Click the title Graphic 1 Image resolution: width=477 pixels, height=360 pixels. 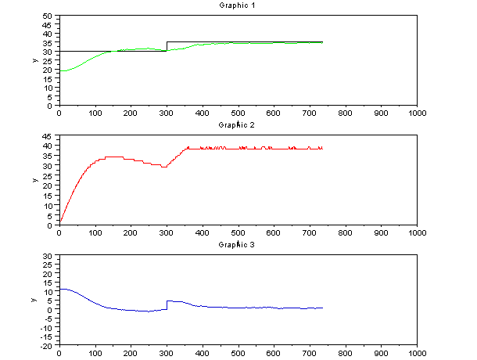point(238,5)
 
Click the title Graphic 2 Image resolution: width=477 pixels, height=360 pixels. point(238,124)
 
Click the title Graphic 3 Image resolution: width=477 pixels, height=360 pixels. point(238,245)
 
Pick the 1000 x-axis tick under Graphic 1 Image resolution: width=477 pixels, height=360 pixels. point(418,113)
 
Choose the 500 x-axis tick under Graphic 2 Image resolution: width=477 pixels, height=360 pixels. point(238,232)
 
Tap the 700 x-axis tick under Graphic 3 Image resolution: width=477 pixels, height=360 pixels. point(310,353)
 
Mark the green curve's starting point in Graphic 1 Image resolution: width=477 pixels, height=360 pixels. point(59,71)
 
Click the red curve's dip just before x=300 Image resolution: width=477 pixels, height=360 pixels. point(164,167)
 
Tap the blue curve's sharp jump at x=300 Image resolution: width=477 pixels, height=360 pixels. point(167,304)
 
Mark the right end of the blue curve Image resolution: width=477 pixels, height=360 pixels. point(322,308)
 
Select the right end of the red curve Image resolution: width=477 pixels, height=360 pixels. point(322,148)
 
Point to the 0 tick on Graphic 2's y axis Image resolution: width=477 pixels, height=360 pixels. point(52,225)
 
